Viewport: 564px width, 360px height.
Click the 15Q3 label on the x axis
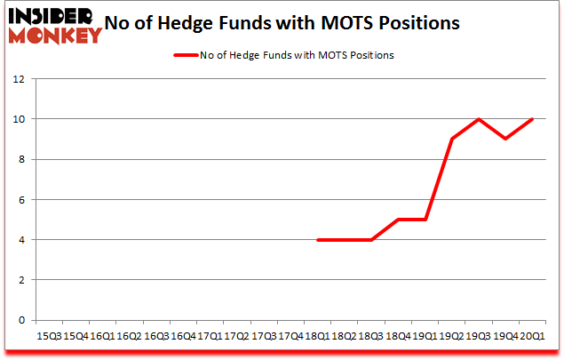[48, 336]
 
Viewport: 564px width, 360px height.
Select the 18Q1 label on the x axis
[317, 336]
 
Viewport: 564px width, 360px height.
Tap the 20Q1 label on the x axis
[532, 336]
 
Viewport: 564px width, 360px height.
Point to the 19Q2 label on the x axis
[451, 336]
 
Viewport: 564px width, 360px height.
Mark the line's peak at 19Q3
[479, 119]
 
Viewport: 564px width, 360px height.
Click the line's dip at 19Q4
[505, 139]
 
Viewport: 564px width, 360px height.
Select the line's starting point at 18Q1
[317, 239]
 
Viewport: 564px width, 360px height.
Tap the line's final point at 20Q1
[532, 119]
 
